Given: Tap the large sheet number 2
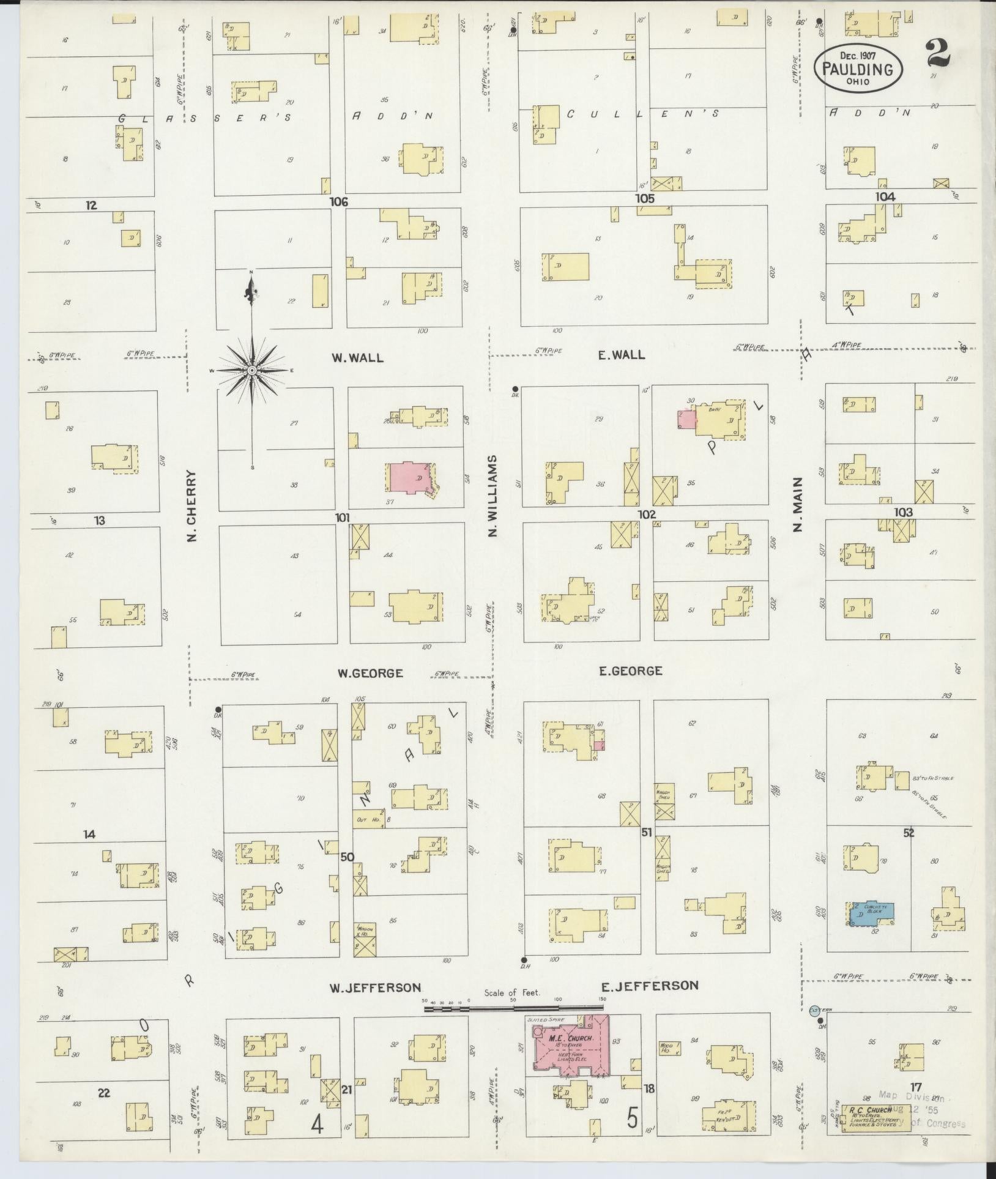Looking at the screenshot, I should [x=938, y=53].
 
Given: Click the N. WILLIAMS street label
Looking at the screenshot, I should [x=493, y=496].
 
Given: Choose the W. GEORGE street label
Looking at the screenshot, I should [x=370, y=674].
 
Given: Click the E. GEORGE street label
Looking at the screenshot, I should [x=630, y=671].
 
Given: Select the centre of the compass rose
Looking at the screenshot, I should [x=252, y=371].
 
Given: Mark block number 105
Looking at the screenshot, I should [x=644, y=198].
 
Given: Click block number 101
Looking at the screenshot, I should [x=342, y=518].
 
